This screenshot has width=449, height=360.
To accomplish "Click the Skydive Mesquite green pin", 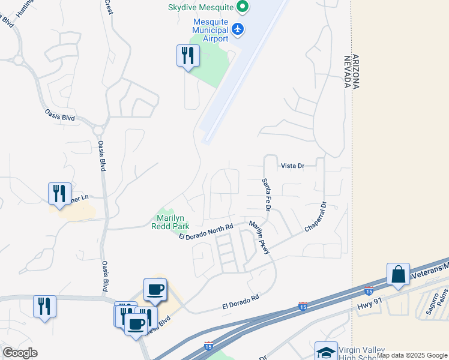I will [243, 7].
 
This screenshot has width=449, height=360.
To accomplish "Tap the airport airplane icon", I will [238, 29].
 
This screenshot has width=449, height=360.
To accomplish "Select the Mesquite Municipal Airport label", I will [210, 30].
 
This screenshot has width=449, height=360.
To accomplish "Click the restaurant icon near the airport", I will [188, 56].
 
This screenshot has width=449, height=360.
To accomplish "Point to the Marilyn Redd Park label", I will [173, 221].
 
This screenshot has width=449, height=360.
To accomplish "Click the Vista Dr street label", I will [292, 166].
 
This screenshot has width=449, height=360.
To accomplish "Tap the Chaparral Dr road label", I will [315, 217].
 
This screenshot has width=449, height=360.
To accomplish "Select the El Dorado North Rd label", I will [206, 232].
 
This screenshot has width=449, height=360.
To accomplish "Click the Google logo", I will [20, 353].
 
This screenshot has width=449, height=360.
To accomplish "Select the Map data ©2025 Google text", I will [412, 356].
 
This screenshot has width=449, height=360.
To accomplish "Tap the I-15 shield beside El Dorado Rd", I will [303, 307].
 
